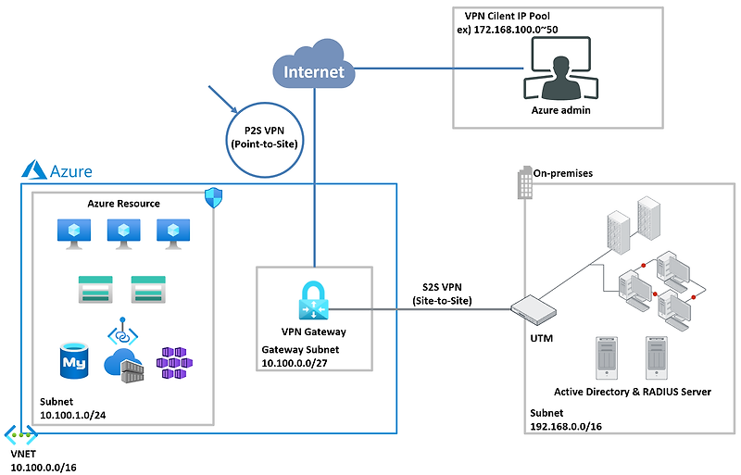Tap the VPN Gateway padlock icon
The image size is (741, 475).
coord(314,300)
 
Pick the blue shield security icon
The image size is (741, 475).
coord(213,197)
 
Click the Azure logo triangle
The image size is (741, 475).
coord(35,169)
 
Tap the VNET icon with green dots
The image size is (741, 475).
coord(20,433)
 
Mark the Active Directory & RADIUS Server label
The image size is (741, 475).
coord(632,392)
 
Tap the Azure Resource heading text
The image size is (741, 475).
coord(123,203)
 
